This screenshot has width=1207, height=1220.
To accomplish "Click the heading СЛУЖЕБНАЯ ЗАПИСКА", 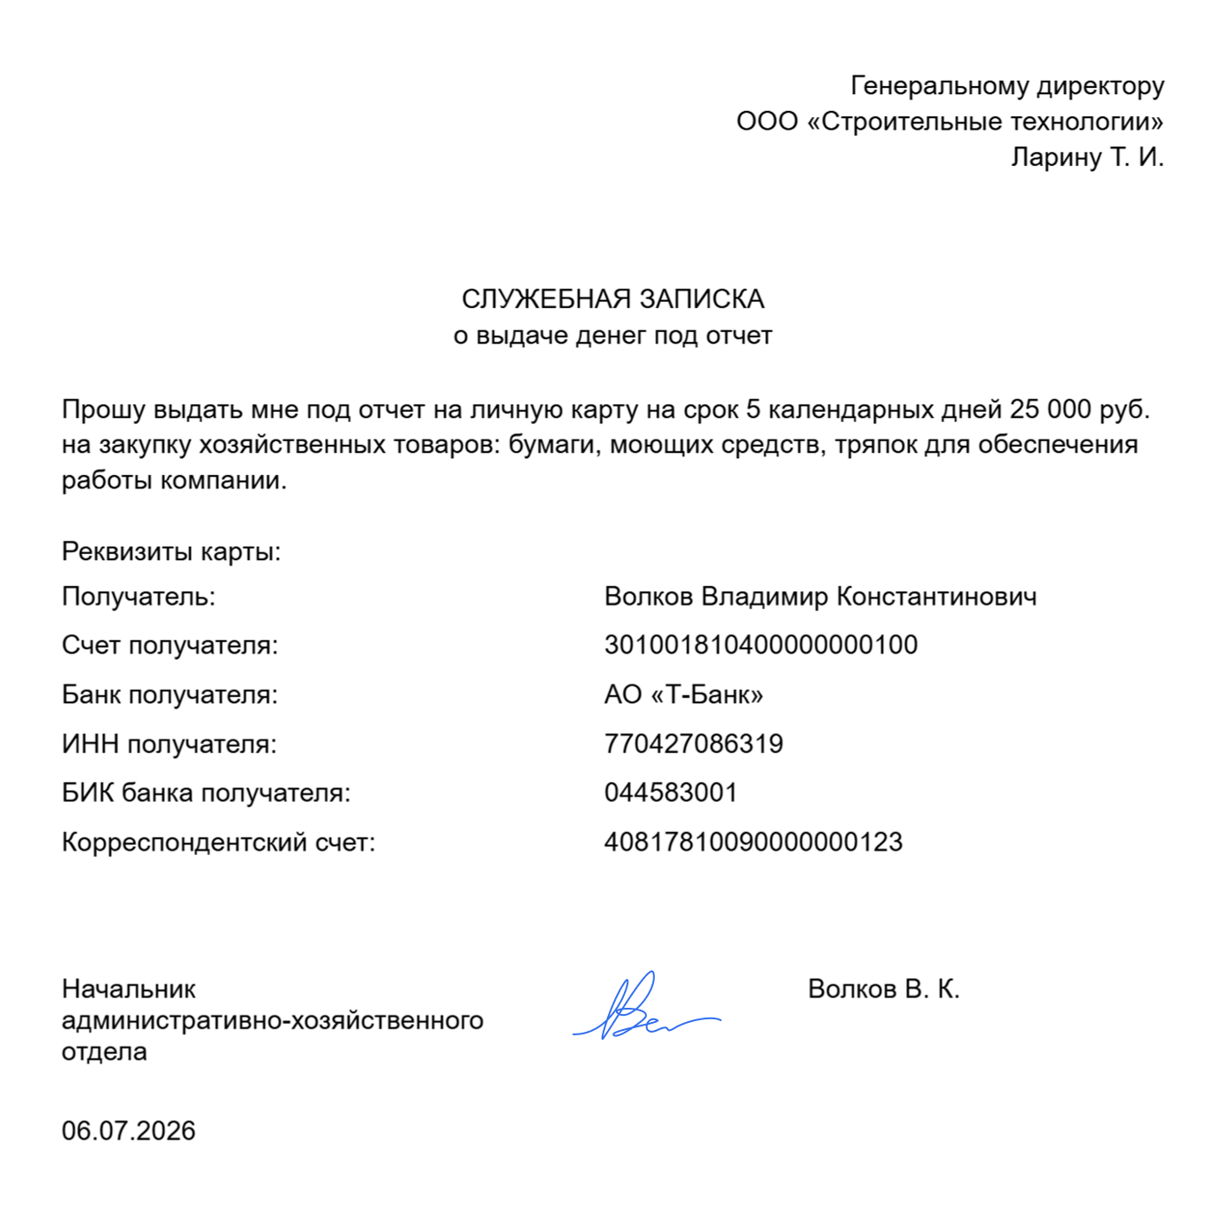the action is click(612, 299).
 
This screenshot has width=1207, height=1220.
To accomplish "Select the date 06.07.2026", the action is click(129, 1130).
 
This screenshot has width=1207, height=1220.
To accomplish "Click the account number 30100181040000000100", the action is click(761, 645).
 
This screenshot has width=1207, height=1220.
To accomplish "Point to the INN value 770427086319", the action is click(693, 743).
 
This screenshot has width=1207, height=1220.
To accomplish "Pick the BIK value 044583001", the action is click(671, 792).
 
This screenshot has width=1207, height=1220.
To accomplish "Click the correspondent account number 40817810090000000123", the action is click(753, 842).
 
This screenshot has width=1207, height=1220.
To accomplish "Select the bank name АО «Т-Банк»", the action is click(683, 694).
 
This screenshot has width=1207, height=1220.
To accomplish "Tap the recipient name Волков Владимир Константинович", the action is click(820, 596).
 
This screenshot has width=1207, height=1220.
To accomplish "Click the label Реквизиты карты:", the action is click(171, 551).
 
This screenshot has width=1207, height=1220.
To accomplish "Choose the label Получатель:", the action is click(138, 596).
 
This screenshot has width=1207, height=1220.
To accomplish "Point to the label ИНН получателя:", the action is click(169, 743).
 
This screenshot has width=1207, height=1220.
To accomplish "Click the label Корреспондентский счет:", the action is click(218, 842).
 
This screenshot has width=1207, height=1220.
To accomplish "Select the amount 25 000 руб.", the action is click(1079, 409).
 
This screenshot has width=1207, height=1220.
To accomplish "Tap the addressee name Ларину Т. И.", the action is click(1087, 157).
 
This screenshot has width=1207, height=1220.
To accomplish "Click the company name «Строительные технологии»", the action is click(985, 122).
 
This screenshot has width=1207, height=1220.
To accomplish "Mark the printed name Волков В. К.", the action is click(884, 989).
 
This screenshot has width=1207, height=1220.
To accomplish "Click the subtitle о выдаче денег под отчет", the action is click(612, 336).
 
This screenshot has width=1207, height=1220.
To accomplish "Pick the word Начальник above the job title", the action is click(129, 989).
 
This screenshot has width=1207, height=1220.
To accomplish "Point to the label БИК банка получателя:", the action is click(206, 792).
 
